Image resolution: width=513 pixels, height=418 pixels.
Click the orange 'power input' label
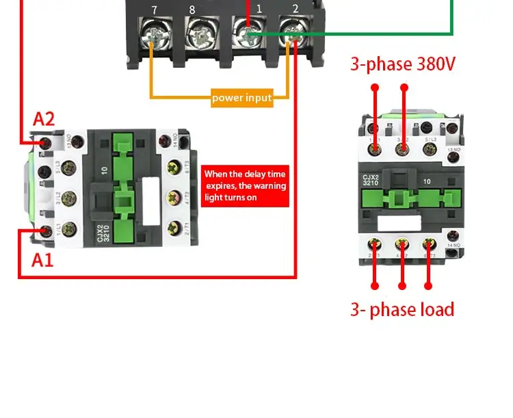[x=242, y=98]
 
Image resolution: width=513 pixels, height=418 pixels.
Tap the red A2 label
[x=44, y=119]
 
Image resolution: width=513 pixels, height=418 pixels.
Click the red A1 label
[x=42, y=260]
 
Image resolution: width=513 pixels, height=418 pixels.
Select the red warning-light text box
[x=246, y=186]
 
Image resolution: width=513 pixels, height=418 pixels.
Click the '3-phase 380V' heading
[x=403, y=64]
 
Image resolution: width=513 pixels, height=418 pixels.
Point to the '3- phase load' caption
[x=402, y=309]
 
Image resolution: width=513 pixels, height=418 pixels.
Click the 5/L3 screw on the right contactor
[x=428, y=129]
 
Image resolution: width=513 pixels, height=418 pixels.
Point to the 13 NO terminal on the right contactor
[x=452, y=157]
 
